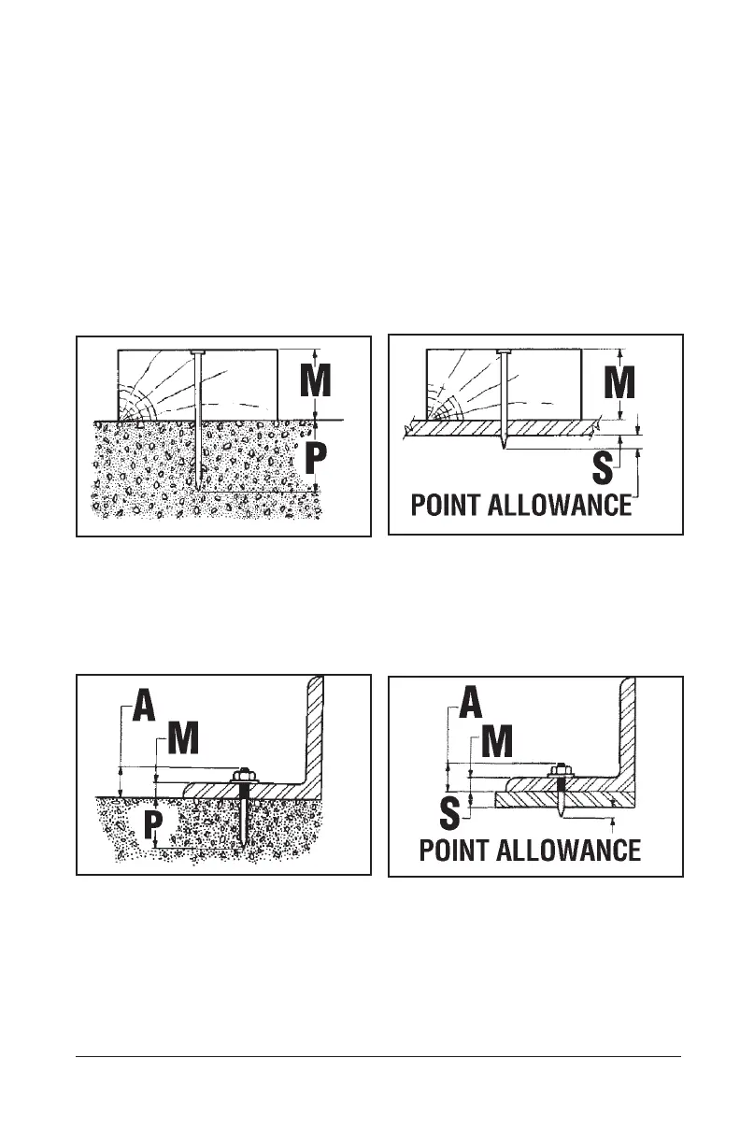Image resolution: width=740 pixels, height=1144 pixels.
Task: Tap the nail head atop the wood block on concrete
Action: (x=196, y=351)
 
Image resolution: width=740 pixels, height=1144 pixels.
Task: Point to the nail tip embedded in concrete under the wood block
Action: (x=200, y=489)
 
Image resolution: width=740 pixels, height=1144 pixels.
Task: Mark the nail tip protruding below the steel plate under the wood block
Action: (x=505, y=447)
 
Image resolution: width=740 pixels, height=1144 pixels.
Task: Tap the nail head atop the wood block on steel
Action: (x=504, y=351)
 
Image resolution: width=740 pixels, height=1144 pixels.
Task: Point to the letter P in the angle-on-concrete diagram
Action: (x=152, y=824)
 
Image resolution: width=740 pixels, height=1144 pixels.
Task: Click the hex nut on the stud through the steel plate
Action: (x=561, y=772)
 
